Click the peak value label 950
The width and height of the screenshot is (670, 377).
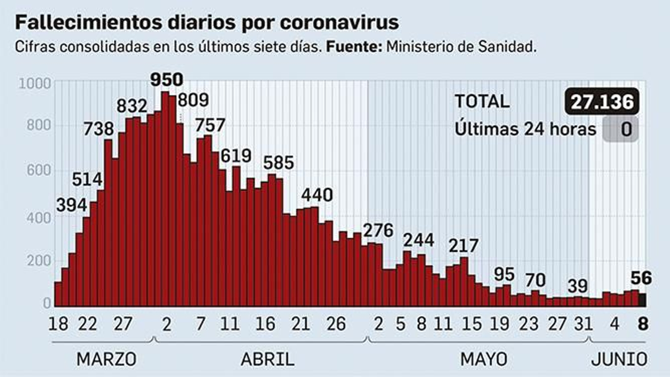167,80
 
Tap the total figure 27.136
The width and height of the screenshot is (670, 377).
602,102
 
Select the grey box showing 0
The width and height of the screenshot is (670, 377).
621,129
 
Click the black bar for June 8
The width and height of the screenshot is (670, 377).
642,300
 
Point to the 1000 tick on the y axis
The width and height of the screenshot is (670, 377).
35,83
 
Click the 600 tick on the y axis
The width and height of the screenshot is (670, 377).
39,170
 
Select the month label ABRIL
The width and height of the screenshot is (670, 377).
267,359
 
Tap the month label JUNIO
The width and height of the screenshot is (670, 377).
619,359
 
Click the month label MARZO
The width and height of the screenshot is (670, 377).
106,359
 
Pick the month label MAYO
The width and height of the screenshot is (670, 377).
484,359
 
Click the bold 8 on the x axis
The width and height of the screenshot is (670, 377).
643,324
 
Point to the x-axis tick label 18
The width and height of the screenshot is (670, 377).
58,324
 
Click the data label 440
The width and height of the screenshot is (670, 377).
317,195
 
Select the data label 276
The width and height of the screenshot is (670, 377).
378,230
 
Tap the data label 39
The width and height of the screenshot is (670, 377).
578,286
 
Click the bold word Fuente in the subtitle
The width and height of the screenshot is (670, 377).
354,47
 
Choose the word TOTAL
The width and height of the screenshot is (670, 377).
482,102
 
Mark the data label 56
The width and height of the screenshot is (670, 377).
641,278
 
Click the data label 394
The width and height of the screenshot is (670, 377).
72,205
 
